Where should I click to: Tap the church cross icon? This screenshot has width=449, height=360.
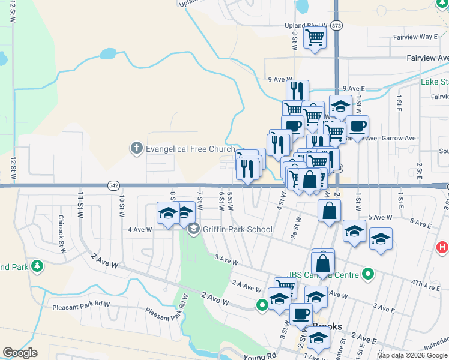(x=136, y=148)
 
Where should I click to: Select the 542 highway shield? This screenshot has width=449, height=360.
(x=113, y=185)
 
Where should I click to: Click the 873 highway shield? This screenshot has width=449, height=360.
(x=336, y=26)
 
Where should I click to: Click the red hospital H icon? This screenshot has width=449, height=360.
(x=442, y=247)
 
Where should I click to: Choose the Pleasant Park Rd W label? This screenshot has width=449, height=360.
(x=81, y=304)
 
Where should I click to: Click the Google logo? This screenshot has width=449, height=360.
(x=20, y=353)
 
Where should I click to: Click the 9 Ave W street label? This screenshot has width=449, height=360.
(x=280, y=79)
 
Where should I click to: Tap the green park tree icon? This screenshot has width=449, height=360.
(x=37, y=265)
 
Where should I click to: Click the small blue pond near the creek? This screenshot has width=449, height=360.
(x=108, y=54)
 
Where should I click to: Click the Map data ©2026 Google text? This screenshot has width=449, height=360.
(x=412, y=355)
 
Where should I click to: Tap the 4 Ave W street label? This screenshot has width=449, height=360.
(x=140, y=229)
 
